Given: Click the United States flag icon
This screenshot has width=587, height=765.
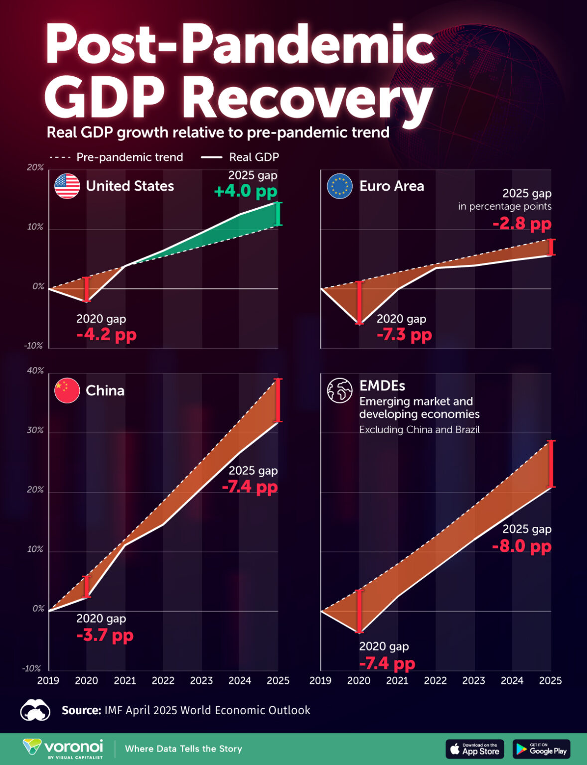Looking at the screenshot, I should (x=67, y=186).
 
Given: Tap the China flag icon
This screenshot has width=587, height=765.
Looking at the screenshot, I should (x=67, y=390).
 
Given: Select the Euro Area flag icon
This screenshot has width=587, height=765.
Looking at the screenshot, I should (x=339, y=186).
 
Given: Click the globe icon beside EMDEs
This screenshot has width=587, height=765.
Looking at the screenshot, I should (x=339, y=390).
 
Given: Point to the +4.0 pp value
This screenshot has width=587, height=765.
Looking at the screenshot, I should (x=245, y=191).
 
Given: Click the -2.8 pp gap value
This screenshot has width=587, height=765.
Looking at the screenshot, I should (x=522, y=224).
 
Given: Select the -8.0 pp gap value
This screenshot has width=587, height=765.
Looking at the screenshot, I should (x=522, y=546).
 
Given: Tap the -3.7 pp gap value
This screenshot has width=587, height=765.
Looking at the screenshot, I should (x=105, y=636).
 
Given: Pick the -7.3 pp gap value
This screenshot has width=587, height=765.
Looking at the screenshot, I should (x=404, y=335).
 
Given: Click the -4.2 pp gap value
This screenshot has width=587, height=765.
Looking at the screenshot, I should (x=106, y=335).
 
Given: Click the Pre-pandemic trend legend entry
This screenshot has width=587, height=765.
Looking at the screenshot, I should (x=117, y=157).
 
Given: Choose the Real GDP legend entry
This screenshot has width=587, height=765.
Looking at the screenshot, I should (x=240, y=157).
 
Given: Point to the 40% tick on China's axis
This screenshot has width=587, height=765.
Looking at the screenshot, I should (x=35, y=371).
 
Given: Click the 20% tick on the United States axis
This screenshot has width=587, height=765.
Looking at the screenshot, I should (x=35, y=168).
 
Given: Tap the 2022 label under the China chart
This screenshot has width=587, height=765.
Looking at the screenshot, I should (x=163, y=681).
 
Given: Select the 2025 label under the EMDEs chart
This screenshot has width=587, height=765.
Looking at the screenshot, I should (x=550, y=681).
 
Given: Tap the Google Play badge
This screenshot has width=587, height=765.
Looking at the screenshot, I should (x=541, y=749).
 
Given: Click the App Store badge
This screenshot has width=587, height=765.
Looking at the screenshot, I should (x=475, y=749).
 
